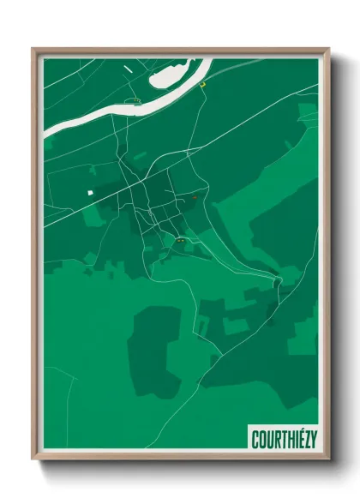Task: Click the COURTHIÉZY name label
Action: click(x=284, y=440)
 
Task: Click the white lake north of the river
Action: click(x=177, y=75)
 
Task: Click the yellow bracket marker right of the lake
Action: click(x=203, y=84)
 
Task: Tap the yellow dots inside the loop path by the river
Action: click(x=132, y=100)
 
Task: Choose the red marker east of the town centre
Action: click(x=195, y=198)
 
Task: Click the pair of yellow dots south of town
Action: click(x=181, y=243)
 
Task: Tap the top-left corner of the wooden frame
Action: click(x=33, y=49)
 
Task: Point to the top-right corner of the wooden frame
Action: click(x=328, y=49)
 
